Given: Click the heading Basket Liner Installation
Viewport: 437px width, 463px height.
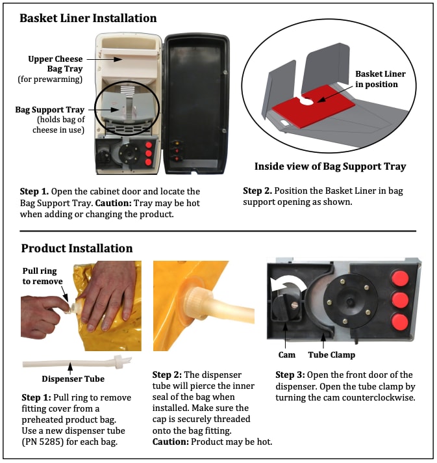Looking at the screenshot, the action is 88,18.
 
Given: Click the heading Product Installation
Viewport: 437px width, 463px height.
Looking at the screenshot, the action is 77,248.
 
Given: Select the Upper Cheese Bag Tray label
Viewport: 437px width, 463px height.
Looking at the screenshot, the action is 55,64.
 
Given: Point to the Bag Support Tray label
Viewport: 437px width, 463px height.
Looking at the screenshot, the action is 50,110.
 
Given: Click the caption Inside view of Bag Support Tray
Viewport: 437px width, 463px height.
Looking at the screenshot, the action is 331,166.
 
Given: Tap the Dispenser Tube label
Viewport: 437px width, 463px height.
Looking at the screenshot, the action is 73,379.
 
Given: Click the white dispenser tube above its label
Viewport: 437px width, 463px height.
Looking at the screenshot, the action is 77,363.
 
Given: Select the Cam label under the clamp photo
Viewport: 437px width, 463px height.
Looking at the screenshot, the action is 286,354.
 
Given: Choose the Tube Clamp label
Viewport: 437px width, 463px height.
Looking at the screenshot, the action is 331,355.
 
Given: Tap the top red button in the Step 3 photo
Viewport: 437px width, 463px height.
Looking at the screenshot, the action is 400,279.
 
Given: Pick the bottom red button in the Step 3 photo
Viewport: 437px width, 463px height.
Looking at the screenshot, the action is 400,323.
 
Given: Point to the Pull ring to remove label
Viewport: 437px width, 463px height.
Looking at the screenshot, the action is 42,276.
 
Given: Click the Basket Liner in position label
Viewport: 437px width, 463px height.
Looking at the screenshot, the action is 380,79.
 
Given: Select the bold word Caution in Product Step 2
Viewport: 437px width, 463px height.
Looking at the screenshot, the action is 170,442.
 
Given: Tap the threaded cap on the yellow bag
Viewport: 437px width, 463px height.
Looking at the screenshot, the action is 197,302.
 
